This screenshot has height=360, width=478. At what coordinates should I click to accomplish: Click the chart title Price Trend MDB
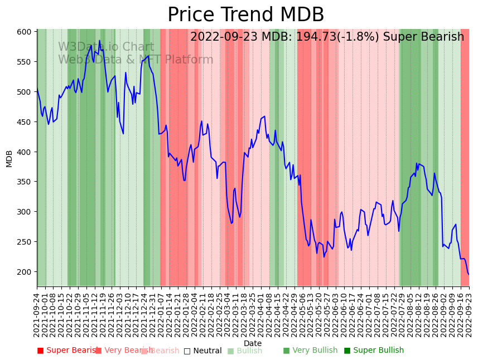coord(245,15)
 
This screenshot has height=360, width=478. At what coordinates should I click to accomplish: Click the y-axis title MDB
coord(9,158)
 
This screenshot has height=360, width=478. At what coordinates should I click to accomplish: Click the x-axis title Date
coord(253,343)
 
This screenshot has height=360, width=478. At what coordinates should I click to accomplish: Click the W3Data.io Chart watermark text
coord(106,47)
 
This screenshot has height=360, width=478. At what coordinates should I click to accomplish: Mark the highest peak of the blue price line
coord(100,41)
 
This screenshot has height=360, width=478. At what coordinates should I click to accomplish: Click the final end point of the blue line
coord(469,274)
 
